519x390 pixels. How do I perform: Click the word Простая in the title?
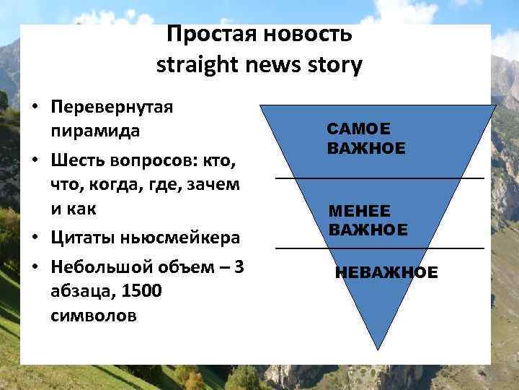click(209, 34)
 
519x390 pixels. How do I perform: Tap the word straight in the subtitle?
click(196, 66)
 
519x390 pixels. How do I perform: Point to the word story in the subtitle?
click(333, 66)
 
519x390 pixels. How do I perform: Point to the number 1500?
click(142, 291)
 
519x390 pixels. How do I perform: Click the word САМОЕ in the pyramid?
click(358, 129)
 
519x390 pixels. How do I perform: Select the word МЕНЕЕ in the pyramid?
click(360, 210)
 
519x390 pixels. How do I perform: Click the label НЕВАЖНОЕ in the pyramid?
click(386, 273)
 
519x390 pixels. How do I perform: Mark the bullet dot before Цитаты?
click(35, 238)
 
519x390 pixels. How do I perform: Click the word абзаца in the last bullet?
click(77, 291)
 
